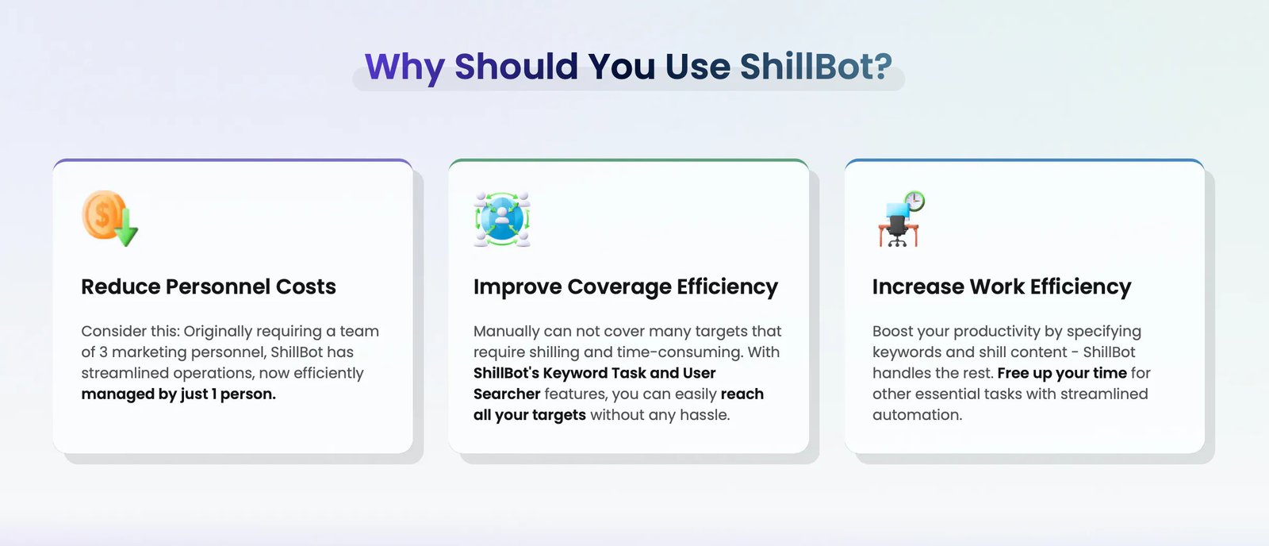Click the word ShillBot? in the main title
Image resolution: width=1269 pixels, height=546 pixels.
tap(816, 67)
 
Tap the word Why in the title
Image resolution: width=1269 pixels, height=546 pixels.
tap(404, 68)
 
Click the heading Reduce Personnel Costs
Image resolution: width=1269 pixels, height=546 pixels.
tap(209, 287)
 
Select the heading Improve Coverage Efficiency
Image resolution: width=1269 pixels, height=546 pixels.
tap(626, 287)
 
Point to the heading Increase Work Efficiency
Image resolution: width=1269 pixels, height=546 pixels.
tap(1002, 287)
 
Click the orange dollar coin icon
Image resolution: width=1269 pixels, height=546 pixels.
tap(103, 215)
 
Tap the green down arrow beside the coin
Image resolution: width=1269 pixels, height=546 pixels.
tap(126, 227)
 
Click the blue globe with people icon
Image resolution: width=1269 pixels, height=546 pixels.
tap(502, 219)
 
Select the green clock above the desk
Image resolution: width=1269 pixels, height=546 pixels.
tap(914, 201)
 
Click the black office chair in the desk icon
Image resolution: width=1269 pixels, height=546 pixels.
tap(897, 230)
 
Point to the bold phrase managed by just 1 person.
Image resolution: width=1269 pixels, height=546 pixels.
tap(178, 394)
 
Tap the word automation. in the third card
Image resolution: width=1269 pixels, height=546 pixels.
tap(917, 415)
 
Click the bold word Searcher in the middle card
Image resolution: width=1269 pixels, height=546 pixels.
tap(507, 394)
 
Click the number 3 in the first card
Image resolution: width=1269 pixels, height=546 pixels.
tap(103, 352)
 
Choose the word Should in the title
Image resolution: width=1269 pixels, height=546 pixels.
tap(516, 67)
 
